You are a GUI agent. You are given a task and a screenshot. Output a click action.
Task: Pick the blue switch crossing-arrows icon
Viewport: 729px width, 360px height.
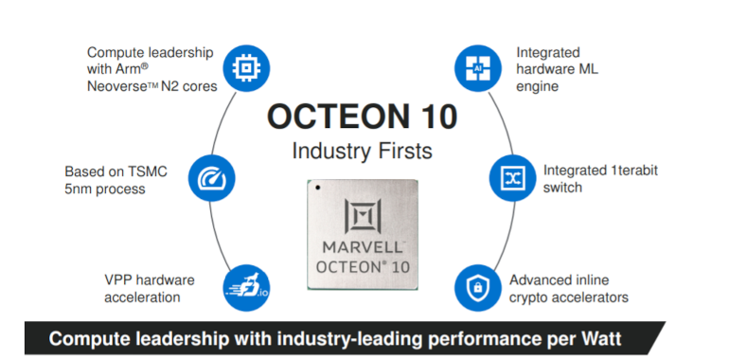tap(507, 177)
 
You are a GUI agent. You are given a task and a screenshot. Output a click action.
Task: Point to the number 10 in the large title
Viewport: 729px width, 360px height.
tap(431, 117)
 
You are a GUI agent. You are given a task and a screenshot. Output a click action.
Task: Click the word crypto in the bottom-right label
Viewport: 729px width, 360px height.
tap(530, 297)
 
